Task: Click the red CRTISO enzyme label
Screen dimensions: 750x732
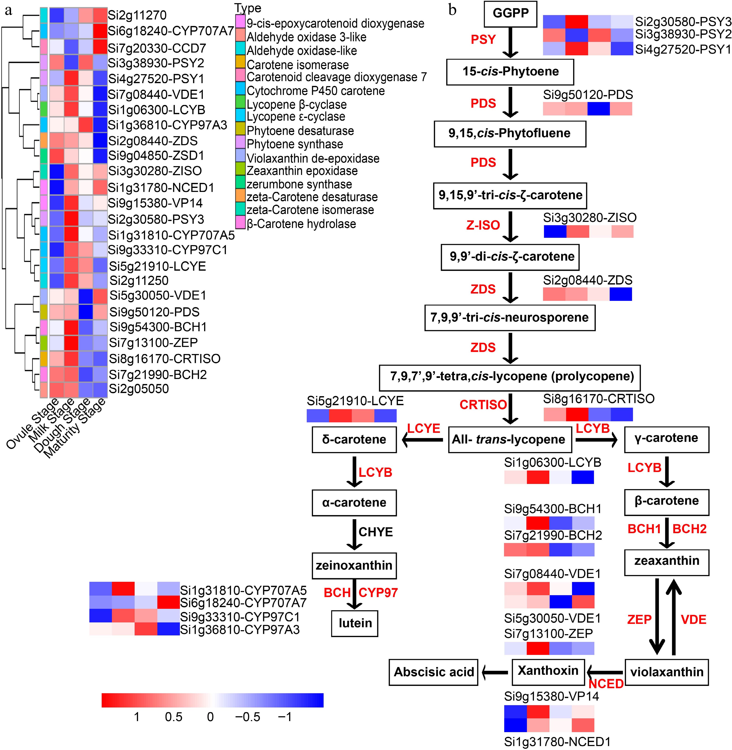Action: (483, 405)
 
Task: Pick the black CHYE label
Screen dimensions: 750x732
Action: (376, 532)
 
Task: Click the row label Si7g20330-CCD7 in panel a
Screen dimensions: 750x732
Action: (157, 48)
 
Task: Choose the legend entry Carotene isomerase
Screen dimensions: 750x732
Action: (298, 65)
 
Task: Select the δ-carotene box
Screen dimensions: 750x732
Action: (354, 439)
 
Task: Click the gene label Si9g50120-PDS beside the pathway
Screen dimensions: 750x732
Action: (588, 95)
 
